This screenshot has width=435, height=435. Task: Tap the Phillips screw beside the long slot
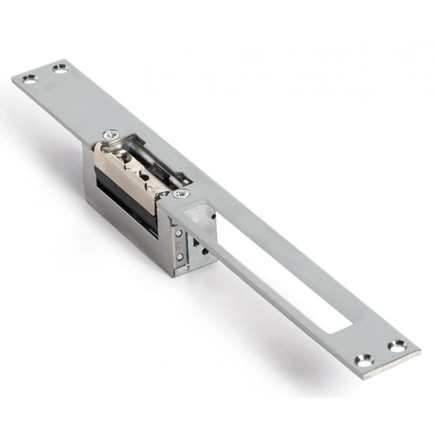pyautogui.click(x=181, y=194)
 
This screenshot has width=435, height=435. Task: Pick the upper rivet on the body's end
pyautogui.click(x=179, y=234)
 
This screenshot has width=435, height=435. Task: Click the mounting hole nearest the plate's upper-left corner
pyautogui.click(x=29, y=79)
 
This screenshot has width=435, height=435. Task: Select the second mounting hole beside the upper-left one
pyautogui.click(x=60, y=69)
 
